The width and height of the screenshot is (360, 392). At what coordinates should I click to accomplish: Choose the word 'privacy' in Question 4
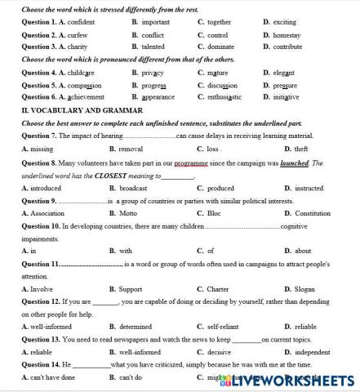tap(153, 73)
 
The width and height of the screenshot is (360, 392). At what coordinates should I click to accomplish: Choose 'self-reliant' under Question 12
tap(222, 327)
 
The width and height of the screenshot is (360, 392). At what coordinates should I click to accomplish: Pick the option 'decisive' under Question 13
tap(220, 352)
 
